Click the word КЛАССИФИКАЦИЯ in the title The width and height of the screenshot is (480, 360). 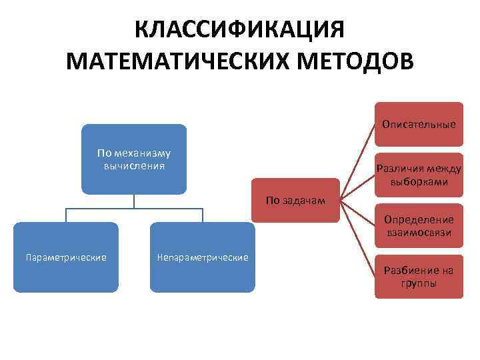239,30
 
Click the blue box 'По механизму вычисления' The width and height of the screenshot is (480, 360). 134,159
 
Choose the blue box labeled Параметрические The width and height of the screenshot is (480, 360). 66,257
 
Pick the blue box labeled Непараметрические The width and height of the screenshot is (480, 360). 202,257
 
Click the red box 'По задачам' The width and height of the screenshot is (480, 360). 295,200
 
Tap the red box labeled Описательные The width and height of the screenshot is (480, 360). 419,124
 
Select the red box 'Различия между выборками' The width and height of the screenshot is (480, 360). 419,175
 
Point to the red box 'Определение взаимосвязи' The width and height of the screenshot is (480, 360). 419,226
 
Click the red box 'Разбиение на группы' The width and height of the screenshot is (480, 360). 419,277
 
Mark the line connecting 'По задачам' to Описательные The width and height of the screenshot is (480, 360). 357,161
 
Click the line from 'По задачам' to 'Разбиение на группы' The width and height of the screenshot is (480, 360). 357,236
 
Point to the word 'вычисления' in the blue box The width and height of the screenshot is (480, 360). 134,165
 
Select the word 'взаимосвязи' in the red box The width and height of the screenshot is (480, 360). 419,233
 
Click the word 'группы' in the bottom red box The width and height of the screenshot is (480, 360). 419,283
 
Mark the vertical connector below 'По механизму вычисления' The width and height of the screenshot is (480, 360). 134,201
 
